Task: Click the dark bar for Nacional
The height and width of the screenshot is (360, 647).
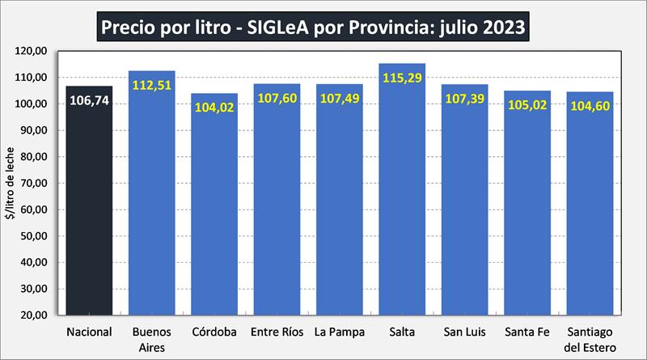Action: (x=89, y=210)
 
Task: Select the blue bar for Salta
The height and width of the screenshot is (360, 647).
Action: (x=402, y=202)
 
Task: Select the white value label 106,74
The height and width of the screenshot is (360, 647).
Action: (x=89, y=101)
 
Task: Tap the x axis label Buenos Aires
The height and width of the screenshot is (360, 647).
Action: (x=151, y=340)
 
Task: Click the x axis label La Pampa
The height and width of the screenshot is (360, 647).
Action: (x=339, y=332)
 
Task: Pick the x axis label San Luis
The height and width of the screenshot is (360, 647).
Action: (x=464, y=332)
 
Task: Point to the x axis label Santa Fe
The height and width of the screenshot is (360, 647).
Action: (x=526, y=332)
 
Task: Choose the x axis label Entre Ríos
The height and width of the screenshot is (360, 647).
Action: (x=277, y=332)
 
